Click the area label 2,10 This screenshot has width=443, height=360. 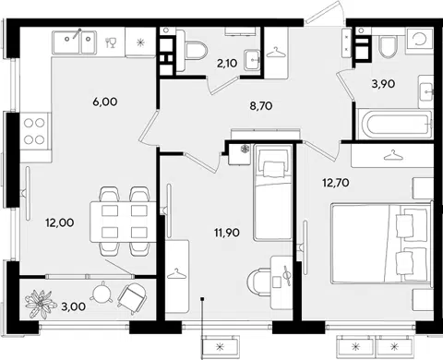tap(227, 64)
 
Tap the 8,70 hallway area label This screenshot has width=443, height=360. tap(261, 106)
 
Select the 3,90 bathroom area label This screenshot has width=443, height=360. tap(383, 83)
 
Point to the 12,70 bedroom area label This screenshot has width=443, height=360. tap(336, 183)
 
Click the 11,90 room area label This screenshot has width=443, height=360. tap(227, 233)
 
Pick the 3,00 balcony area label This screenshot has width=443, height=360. tap(74, 306)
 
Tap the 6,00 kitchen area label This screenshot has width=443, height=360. tap(105, 102)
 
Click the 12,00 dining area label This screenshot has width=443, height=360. tap(60, 222)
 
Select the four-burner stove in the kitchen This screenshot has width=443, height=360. tap(34, 131)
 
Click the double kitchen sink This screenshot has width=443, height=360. tap(74, 42)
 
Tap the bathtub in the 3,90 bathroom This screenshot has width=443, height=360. tap(395, 124)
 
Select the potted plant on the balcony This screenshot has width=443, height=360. tap(40, 304)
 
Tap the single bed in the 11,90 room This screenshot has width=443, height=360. tap(272, 193)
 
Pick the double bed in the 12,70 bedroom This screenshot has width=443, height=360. tap(381, 243)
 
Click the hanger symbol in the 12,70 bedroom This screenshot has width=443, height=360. tap(393, 155)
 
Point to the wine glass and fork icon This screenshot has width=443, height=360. tap(111, 42)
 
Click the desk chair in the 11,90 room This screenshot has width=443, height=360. tap(258, 282)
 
